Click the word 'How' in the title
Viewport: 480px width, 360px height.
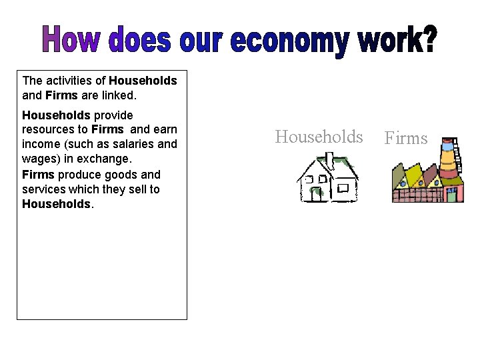(71, 41)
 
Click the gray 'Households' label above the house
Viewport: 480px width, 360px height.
(319, 137)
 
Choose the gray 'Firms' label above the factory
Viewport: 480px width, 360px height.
(406, 139)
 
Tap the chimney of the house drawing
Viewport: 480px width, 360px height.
(329, 159)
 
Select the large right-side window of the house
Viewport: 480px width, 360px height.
(343, 187)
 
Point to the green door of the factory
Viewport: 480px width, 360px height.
(451, 195)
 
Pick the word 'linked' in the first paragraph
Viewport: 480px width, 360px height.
(116, 95)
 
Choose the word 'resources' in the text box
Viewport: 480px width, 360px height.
(46, 129)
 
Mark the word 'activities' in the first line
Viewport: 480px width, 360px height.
(69, 81)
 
